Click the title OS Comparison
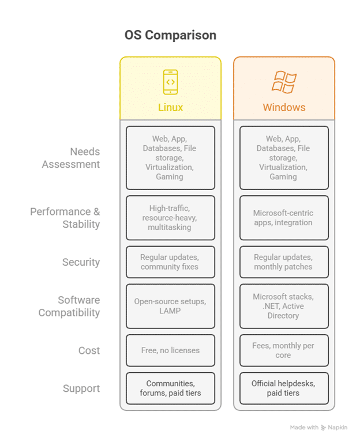click(x=170, y=35)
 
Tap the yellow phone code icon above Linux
click(x=170, y=81)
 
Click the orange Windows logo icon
click(x=284, y=82)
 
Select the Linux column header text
click(x=170, y=107)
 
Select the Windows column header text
click(x=284, y=107)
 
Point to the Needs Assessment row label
click(x=71, y=158)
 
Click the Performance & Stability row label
click(x=65, y=218)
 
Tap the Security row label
click(x=81, y=262)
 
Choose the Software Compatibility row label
click(x=69, y=306)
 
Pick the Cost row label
click(x=89, y=350)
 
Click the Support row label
click(x=81, y=388)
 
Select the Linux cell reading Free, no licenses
click(x=170, y=350)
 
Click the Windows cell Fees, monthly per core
click(x=284, y=350)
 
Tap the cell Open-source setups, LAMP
click(x=170, y=306)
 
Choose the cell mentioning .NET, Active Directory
click(x=284, y=306)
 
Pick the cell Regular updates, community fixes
click(x=170, y=262)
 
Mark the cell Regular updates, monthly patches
click(x=284, y=262)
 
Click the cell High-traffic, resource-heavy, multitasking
click(x=170, y=218)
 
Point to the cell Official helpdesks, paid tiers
click(x=284, y=388)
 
